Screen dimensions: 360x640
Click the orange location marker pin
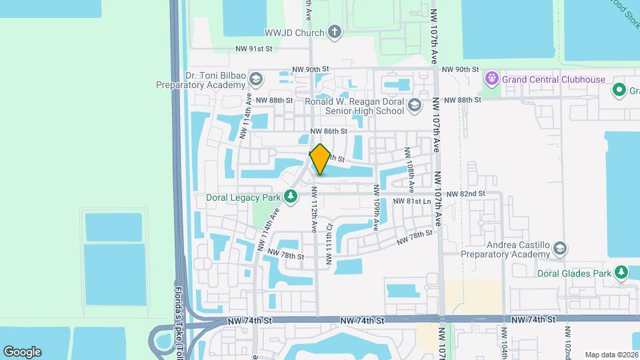pos(320,159)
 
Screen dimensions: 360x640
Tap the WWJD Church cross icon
pos(335,32)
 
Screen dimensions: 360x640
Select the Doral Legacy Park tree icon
pos(291,196)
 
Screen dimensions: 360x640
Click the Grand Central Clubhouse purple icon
pos(492,79)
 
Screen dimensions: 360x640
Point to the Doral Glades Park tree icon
pos(621,272)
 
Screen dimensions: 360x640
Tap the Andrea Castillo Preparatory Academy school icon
pos(560,249)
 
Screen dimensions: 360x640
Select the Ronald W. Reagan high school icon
pos(415,106)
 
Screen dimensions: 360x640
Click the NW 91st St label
pos(255,49)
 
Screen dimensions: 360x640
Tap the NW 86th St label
pos(329,131)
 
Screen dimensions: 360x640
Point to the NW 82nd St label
pos(465,193)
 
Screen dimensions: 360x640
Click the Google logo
pos(22,352)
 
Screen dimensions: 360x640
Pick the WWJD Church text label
pos(294,33)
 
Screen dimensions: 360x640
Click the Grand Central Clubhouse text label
pos(553,79)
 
